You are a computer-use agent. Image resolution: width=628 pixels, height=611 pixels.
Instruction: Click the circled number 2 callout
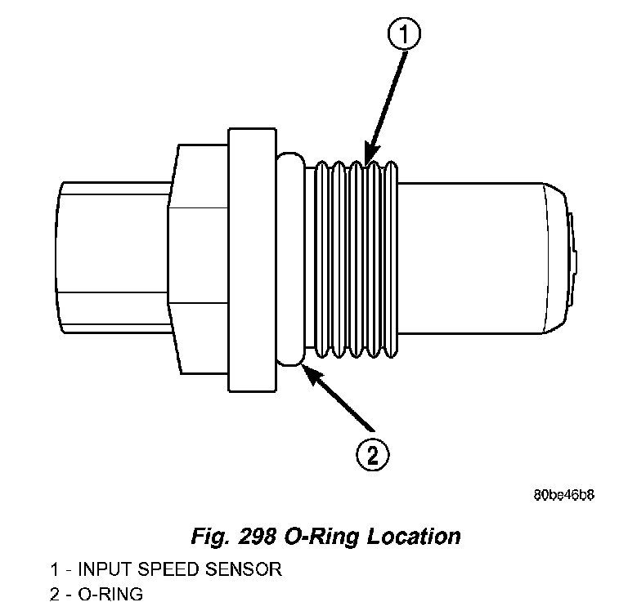(x=373, y=453)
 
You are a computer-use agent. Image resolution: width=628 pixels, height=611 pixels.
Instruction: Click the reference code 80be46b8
(x=563, y=496)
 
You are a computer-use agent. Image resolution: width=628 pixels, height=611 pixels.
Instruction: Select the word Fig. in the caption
(x=210, y=537)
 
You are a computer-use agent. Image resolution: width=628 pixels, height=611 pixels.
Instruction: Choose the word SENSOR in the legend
(x=244, y=569)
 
